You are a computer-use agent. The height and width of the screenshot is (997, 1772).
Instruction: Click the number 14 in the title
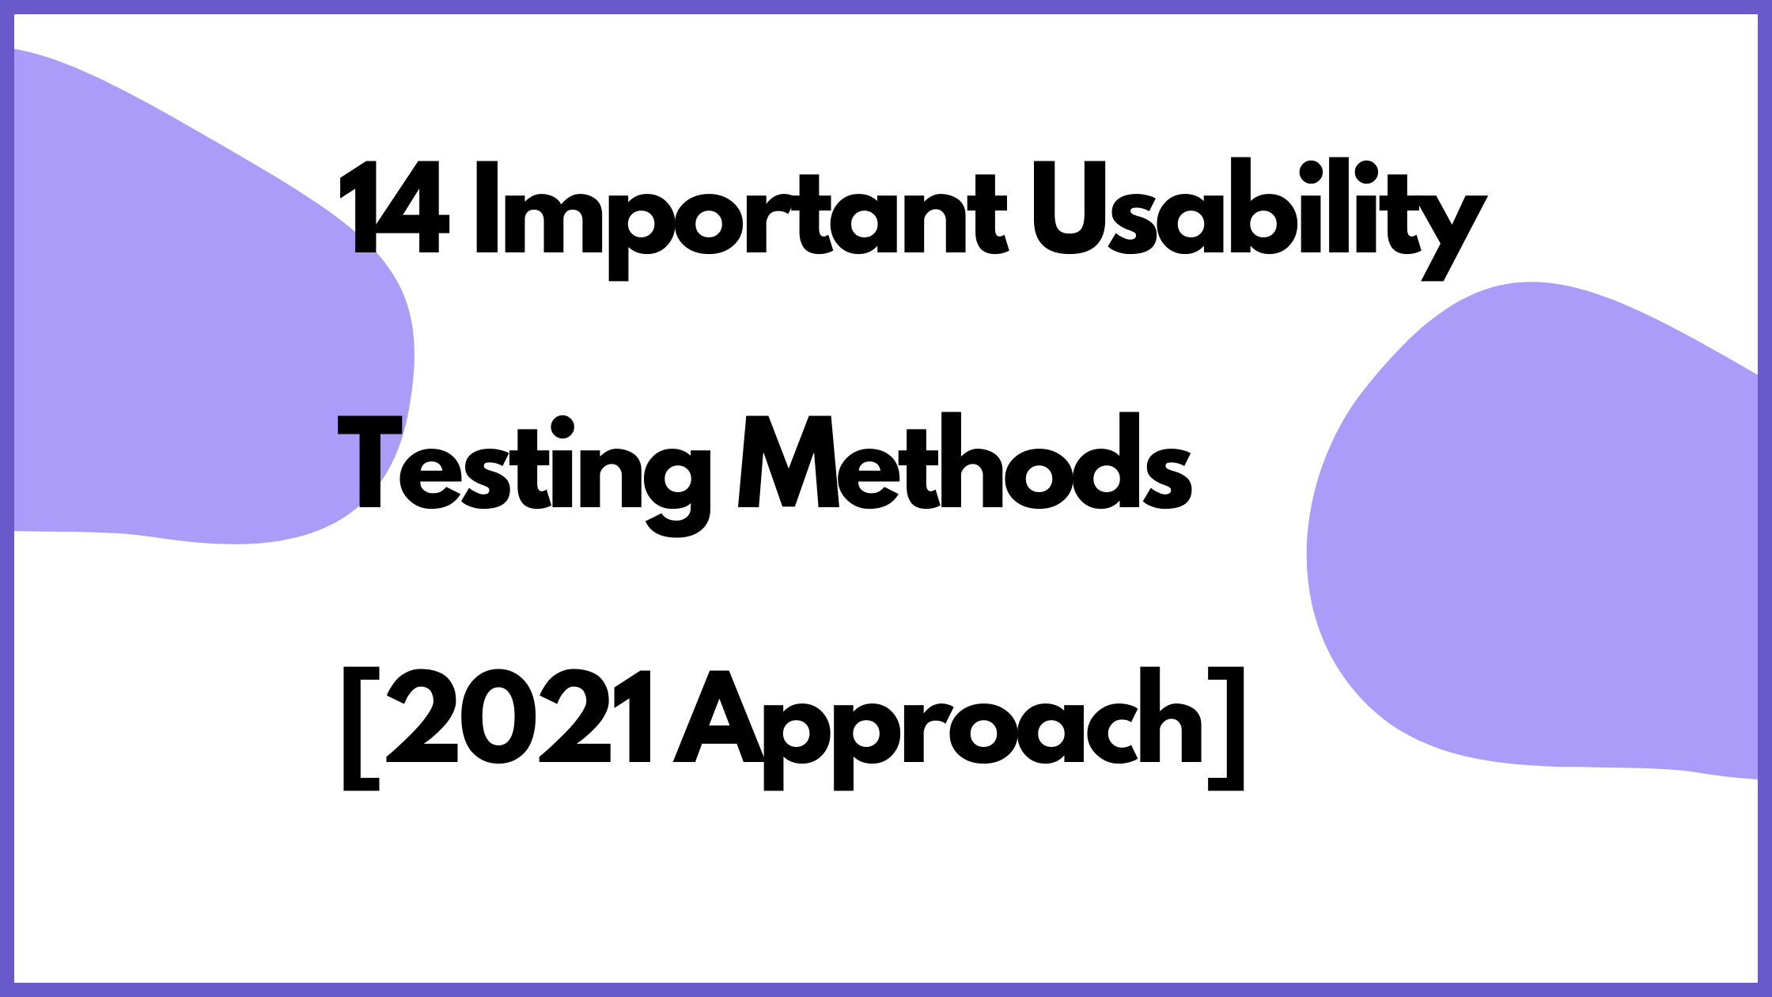[x=393, y=209]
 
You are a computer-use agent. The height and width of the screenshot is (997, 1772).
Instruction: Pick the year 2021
[x=518, y=718]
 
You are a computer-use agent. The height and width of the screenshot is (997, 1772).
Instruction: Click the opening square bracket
[x=360, y=728]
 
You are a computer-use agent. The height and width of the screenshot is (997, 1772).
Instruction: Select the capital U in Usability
[x=1068, y=209]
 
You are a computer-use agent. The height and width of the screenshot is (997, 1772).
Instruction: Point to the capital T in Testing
[x=369, y=463]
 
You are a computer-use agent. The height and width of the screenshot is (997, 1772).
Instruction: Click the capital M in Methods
[x=788, y=463]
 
